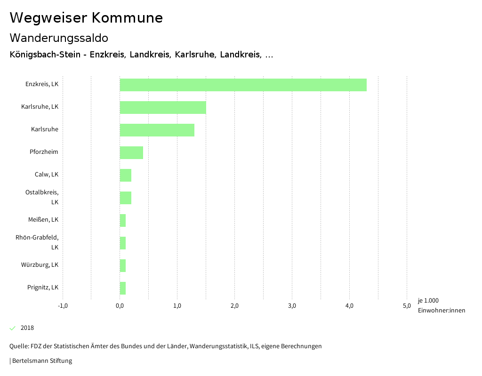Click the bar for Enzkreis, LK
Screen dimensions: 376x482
(x=243, y=85)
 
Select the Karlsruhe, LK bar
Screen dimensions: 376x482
(x=163, y=107)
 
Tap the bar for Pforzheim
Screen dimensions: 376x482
(x=131, y=152)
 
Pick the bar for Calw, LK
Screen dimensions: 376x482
(x=126, y=175)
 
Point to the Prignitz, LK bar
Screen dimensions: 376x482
(x=123, y=288)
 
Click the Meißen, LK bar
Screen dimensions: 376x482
(x=123, y=220)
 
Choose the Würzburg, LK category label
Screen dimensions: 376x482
(x=40, y=265)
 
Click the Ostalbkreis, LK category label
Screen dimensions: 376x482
(x=42, y=197)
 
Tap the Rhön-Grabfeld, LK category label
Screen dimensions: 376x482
(x=37, y=242)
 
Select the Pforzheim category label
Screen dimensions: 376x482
(x=44, y=152)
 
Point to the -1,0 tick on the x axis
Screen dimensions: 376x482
(x=63, y=306)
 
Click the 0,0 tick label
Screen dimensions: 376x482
(x=120, y=306)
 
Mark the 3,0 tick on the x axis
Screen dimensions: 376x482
(x=292, y=306)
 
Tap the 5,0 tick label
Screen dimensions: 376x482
(x=407, y=306)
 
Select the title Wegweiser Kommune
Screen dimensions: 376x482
(x=86, y=18)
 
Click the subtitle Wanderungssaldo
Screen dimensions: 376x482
(x=59, y=38)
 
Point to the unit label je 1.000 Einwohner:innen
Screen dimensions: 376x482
(x=441, y=305)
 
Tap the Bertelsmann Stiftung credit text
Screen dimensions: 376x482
(x=42, y=361)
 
